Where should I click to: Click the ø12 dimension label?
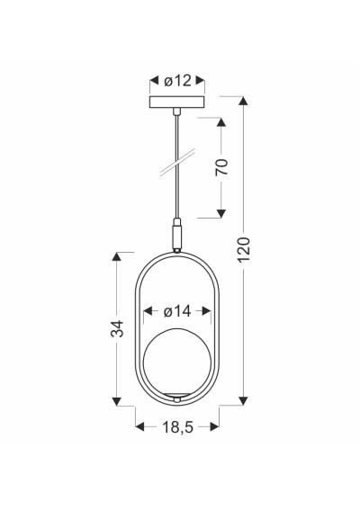click(177, 81)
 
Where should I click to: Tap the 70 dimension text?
click(221, 167)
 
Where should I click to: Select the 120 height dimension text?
click(244, 250)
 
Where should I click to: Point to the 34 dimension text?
click(117, 328)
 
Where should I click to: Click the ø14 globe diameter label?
click(177, 311)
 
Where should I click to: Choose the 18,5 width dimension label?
click(177, 427)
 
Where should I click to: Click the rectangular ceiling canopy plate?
click(177, 103)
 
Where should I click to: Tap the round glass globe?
click(177, 362)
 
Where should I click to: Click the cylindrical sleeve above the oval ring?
click(177, 234)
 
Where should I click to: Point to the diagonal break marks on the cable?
click(177, 162)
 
